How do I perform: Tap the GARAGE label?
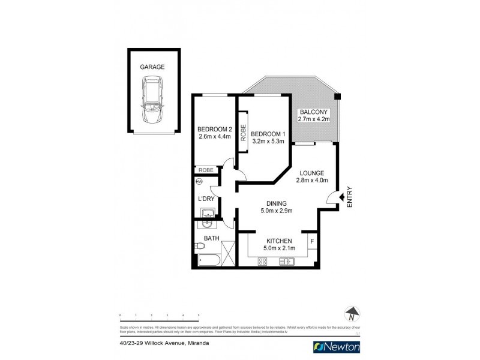[x=152, y=67]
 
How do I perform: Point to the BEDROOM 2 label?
[x=215, y=129]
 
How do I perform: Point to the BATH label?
[x=211, y=239]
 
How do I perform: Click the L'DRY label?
[x=206, y=199]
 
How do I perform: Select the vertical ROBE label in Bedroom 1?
[x=244, y=132]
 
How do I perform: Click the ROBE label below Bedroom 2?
[x=206, y=170]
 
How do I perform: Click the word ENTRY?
[x=350, y=197]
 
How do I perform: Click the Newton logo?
[x=337, y=347]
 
